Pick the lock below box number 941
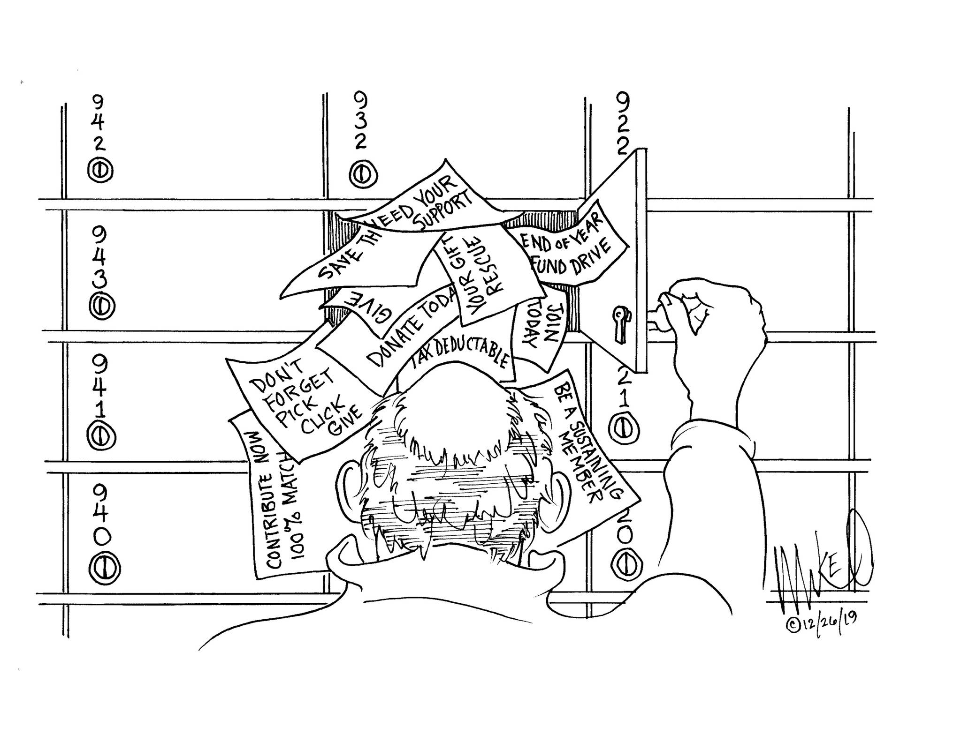coord(101,435)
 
